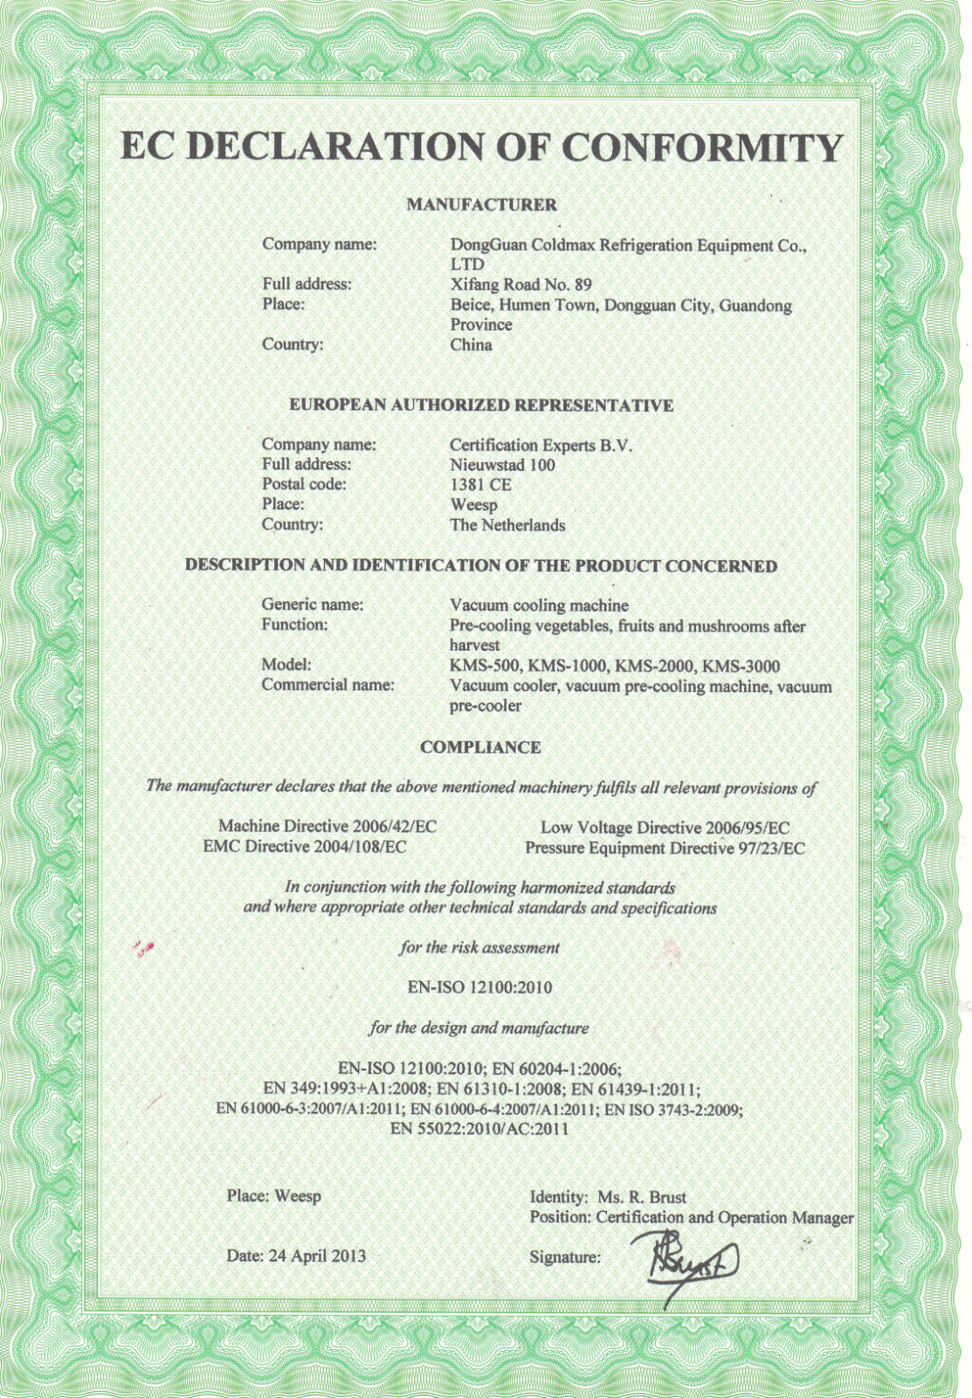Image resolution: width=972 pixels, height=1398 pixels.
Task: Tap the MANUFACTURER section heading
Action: click(x=481, y=204)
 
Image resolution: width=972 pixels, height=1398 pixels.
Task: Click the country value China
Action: click(x=471, y=344)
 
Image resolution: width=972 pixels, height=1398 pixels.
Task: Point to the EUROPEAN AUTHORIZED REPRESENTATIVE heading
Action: click(x=481, y=405)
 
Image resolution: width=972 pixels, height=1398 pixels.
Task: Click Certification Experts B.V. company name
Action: click(x=541, y=445)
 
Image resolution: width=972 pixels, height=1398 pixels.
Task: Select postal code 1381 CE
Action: click(x=480, y=485)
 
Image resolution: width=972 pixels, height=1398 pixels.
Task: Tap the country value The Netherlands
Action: click(x=507, y=525)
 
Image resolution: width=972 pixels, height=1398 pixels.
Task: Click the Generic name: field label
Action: click(x=313, y=605)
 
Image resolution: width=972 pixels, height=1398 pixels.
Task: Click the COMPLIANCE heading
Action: click(x=480, y=748)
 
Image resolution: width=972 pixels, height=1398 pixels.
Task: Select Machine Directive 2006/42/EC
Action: click(x=327, y=826)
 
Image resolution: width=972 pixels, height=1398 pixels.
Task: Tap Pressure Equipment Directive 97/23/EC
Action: click(x=665, y=848)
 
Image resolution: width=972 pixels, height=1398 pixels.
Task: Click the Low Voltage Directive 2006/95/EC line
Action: click(x=665, y=827)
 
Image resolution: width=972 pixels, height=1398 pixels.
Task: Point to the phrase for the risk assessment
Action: click(x=479, y=947)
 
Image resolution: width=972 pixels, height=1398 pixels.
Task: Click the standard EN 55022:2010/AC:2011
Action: click(x=479, y=1129)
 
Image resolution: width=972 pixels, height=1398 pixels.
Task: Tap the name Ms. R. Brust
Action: click(x=642, y=1197)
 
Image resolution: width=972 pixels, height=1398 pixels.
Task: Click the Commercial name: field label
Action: click(x=327, y=685)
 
